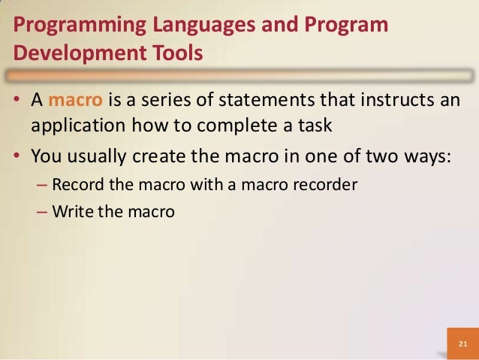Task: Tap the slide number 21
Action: point(462,345)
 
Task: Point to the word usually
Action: point(98,156)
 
